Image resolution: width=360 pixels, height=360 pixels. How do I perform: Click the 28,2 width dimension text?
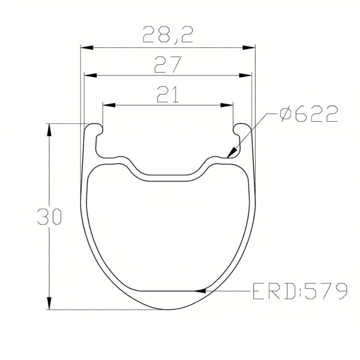click(167, 35)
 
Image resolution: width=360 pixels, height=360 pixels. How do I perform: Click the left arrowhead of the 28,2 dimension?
click(86, 47)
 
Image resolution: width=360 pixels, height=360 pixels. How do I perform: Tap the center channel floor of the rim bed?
click(168, 177)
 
